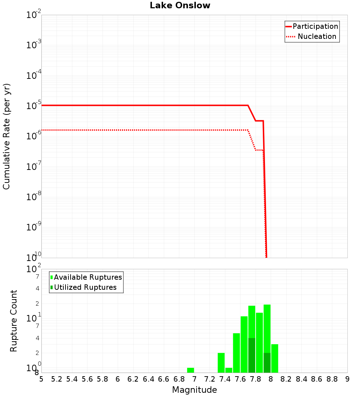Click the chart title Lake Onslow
(x=180, y=5)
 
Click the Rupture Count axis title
(x=14, y=320)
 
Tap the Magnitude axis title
(x=194, y=390)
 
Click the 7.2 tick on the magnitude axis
(x=210, y=379)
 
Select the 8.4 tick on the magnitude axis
(x=301, y=379)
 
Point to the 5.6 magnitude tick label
(x=87, y=379)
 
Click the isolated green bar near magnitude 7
(x=190, y=370)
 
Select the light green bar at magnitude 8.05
(x=275, y=358)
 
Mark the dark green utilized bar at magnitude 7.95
(x=267, y=363)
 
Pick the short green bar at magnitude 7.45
(x=229, y=370)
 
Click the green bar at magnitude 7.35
(x=221, y=363)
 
